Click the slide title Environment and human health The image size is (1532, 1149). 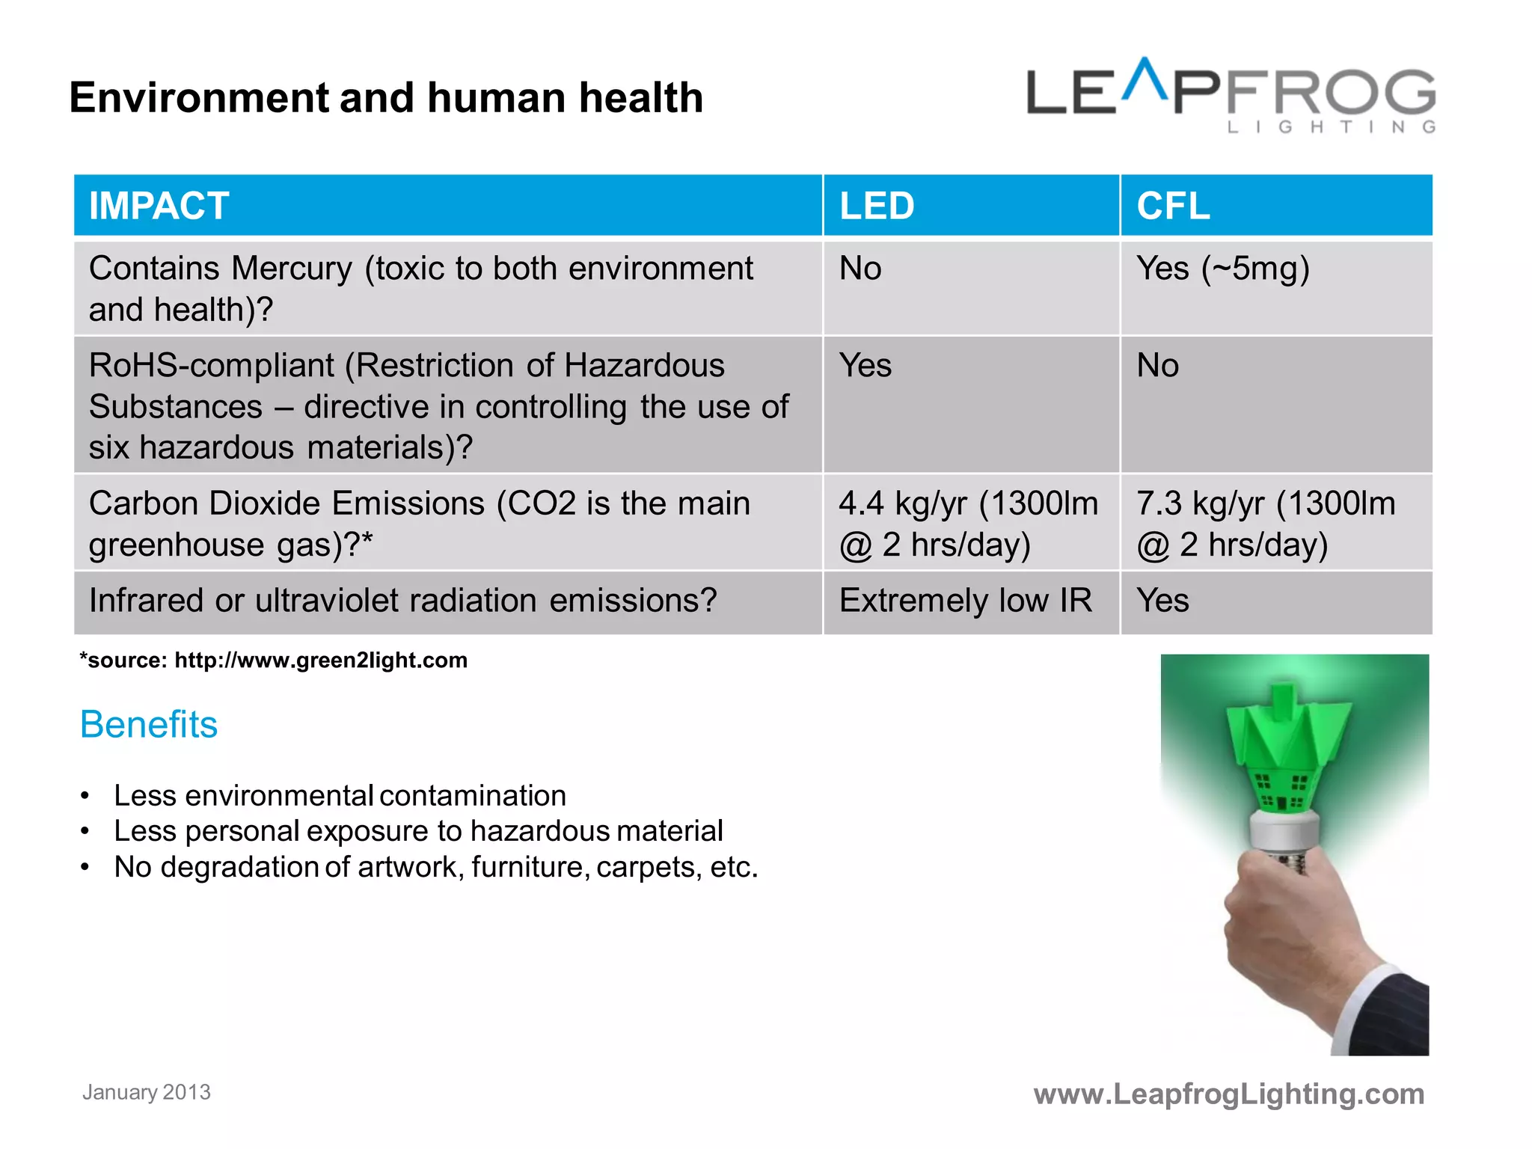[386, 98]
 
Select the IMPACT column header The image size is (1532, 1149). [159, 206]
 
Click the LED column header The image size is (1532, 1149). [877, 206]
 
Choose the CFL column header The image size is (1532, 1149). [1173, 206]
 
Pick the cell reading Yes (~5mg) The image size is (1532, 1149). [1223, 269]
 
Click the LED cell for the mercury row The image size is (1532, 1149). [860, 269]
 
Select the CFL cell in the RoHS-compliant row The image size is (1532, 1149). [1158, 366]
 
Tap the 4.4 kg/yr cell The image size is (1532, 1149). [968, 524]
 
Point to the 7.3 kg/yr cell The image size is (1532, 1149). [1266, 524]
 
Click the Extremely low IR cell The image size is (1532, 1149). [966, 601]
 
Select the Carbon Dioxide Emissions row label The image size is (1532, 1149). [419, 524]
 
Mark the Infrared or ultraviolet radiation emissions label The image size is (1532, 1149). [402, 601]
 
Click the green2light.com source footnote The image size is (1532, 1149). [274, 661]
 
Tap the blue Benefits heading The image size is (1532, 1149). [149, 725]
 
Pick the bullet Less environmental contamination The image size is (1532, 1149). [340, 796]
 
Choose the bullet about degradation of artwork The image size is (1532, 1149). [435, 867]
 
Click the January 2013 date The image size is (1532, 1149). [147, 1092]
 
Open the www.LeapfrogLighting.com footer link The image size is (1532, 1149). [1228, 1094]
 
